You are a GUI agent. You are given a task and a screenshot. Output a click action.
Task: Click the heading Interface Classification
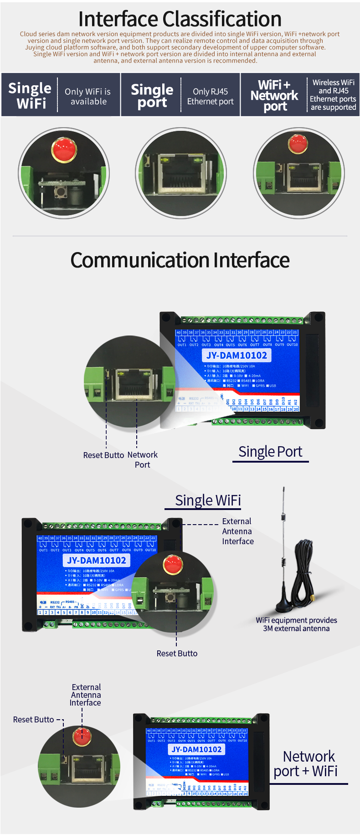click(180, 19)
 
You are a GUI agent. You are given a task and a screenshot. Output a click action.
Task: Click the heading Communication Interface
click(180, 260)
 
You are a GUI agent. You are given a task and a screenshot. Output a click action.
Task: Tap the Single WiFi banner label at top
click(30, 95)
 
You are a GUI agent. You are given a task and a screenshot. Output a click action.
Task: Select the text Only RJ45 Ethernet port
click(210, 96)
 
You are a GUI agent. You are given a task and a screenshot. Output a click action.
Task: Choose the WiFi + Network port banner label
click(274, 95)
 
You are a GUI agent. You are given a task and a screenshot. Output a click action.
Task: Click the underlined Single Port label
click(270, 452)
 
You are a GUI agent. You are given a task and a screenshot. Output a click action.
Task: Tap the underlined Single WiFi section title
click(208, 500)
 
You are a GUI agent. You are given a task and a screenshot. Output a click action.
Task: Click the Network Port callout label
click(142, 459)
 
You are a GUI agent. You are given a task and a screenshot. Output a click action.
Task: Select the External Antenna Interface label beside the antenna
click(237, 531)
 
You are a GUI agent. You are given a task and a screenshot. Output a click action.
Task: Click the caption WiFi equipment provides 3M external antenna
click(296, 624)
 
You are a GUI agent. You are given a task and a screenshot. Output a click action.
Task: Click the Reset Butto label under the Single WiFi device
click(177, 653)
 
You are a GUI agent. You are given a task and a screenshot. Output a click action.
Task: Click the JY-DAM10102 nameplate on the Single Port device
click(237, 356)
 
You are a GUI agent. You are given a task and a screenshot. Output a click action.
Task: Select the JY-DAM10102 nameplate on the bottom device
click(196, 749)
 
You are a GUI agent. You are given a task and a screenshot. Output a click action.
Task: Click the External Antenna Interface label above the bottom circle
click(86, 695)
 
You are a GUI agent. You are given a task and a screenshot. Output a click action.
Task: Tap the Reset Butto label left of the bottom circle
click(34, 719)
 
